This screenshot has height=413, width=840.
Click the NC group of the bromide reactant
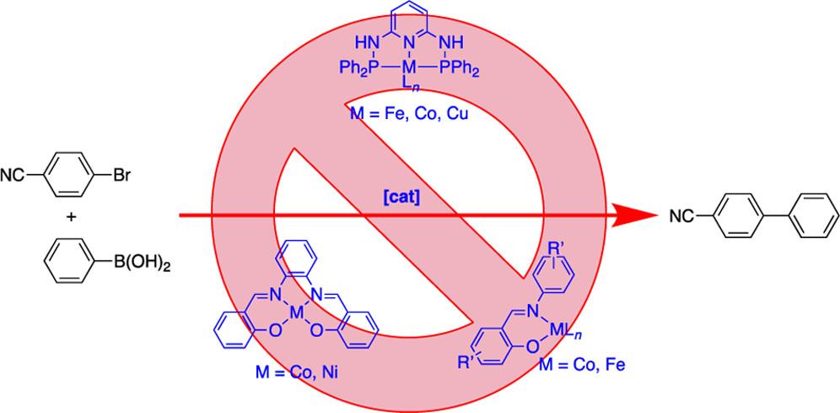24,177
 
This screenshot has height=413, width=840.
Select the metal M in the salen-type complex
295,313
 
